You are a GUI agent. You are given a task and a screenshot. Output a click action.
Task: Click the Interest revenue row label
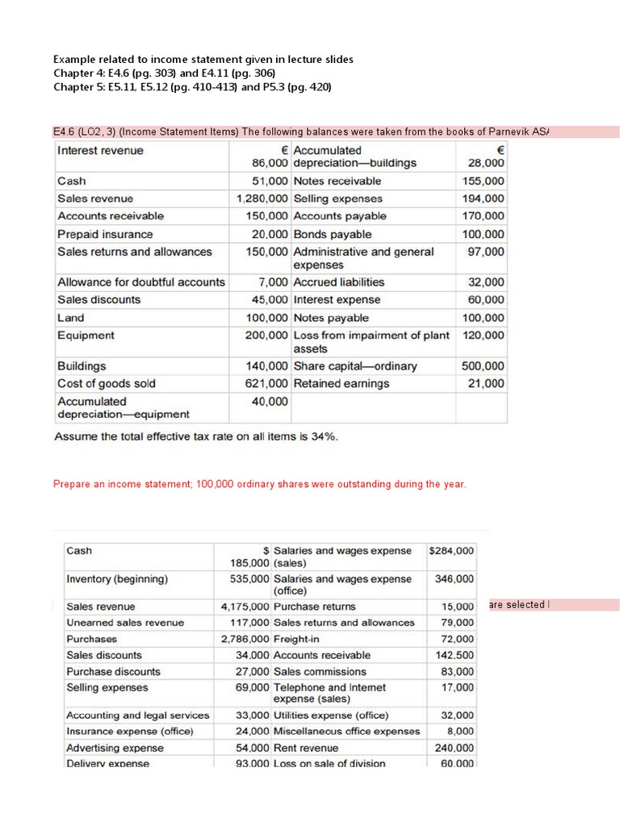pyautogui.click(x=100, y=151)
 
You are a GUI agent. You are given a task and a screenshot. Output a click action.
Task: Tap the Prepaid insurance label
pyautogui.click(x=105, y=234)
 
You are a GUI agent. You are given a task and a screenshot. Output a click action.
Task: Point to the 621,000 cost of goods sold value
pyautogui.click(x=266, y=383)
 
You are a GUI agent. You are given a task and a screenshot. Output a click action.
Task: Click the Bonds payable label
pyautogui.click(x=333, y=234)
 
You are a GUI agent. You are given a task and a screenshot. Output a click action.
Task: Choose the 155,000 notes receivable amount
pyautogui.click(x=485, y=181)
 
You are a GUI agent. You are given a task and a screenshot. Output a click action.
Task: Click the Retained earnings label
pyautogui.click(x=341, y=383)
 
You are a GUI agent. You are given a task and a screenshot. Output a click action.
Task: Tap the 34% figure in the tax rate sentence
pyautogui.click(x=323, y=436)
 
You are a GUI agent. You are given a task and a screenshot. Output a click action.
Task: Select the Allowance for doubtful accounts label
pyautogui.click(x=141, y=282)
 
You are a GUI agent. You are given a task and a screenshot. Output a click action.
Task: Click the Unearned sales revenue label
pyautogui.click(x=125, y=623)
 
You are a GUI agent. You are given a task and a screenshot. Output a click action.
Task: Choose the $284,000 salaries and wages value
pyautogui.click(x=452, y=551)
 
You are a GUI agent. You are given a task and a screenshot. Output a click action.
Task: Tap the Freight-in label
pyautogui.click(x=297, y=639)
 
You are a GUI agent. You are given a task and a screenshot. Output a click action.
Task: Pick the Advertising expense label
pyautogui.click(x=115, y=748)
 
